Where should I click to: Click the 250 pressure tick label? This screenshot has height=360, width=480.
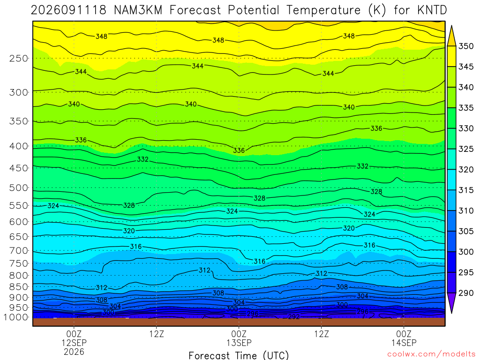coord(19,58)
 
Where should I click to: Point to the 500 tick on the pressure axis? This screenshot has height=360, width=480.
coord(19,187)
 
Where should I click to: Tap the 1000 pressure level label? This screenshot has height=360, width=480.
coord(15,317)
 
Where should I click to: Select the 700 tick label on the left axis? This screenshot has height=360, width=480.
coord(19,251)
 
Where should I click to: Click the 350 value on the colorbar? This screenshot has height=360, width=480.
coord(466,46)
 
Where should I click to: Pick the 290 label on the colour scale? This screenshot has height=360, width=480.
coord(466,293)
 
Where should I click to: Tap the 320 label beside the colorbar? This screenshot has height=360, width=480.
coord(466,170)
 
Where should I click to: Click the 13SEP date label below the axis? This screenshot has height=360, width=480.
coord(239,343)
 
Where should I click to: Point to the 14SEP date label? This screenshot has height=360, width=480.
coord(404,343)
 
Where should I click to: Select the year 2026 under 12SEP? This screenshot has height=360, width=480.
coord(74,352)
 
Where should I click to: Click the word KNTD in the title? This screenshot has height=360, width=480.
coord(432,10)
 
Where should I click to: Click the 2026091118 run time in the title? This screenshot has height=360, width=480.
coord(68,10)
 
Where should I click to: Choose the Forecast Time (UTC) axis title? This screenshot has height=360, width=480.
coord(239,355)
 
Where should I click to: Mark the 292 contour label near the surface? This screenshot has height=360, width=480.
coord(294,316)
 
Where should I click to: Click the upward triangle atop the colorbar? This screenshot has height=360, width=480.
coord(451,36)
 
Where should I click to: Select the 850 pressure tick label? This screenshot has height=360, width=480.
coord(19,287)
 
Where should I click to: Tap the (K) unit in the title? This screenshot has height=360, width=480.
coord(377,10)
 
